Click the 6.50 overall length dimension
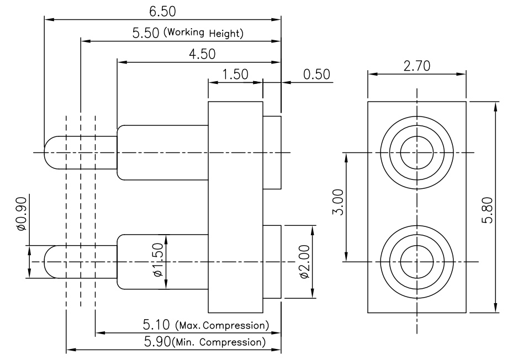click(x=162, y=12)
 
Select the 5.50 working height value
click(x=145, y=33)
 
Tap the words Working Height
click(x=203, y=33)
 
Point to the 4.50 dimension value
click(x=202, y=54)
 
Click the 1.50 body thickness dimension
click(x=235, y=75)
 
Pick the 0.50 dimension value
click(x=316, y=75)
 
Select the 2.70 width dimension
click(x=417, y=66)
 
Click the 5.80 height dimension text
click(x=488, y=210)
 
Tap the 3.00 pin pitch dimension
click(x=338, y=202)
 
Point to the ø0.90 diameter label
click(x=21, y=214)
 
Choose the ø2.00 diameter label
click(x=304, y=262)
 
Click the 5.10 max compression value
click(x=156, y=325)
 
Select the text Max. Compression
click(x=222, y=325)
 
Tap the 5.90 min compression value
click(x=157, y=342)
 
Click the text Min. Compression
click(x=219, y=342)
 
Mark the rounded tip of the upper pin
click(x=45, y=152)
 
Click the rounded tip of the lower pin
click(x=45, y=262)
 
